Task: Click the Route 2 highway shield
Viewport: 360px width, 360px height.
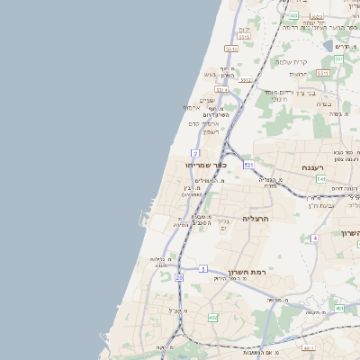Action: click(195, 153)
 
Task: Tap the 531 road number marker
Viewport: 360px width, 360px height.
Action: click(248, 165)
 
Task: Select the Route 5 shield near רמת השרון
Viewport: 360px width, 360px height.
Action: click(203, 268)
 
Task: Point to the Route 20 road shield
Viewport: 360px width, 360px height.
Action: click(179, 278)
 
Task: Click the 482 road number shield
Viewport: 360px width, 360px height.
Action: click(212, 318)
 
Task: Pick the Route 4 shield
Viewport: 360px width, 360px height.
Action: click(315, 238)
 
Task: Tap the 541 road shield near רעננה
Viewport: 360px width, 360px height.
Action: click(321, 179)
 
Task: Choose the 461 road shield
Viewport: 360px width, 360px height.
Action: click(339, 309)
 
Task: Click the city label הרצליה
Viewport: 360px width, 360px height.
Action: click(257, 219)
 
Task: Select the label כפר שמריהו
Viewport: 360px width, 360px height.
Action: click(206, 166)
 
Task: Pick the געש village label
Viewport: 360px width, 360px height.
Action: click(210, 74)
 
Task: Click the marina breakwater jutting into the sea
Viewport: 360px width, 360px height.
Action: click(145, 219)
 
